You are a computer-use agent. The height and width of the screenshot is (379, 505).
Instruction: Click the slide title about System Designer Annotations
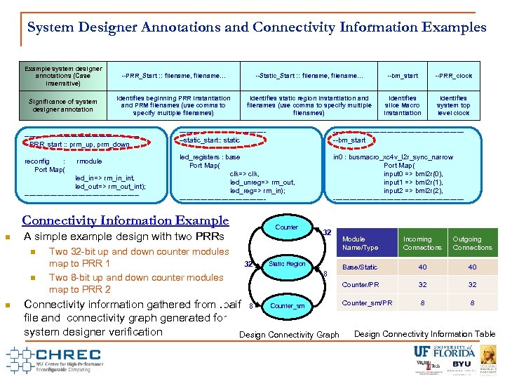[x=256, y=27]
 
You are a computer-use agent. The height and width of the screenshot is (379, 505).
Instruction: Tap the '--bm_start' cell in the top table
[x=402, y=76]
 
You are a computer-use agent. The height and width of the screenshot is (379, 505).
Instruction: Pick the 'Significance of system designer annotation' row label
[x=62, y=105]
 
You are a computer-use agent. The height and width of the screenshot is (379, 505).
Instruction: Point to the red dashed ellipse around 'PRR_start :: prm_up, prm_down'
[x=79, y=144]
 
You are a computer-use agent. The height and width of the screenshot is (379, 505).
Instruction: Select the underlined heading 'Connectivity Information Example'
[x=126, y=220]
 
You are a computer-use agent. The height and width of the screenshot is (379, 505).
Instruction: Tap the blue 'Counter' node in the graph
[x=286, y=227]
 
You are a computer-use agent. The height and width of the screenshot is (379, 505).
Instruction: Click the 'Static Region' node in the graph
[x=287, y=265]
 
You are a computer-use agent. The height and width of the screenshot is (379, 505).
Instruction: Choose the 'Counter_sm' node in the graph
[x=287, y=306]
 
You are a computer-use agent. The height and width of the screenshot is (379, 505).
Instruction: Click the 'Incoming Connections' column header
[x=422, y=243]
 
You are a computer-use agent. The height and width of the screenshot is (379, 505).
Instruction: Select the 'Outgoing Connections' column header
[x=472, y=243]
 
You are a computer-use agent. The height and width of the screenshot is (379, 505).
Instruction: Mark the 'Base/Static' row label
[x=359, y=267]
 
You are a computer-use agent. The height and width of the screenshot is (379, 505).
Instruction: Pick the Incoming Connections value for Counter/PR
[x=422, y=285]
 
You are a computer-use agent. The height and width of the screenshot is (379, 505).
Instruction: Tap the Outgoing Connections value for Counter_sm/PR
[x=472, y=303]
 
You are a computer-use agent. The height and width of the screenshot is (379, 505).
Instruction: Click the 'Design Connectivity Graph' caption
[x=289, y=335]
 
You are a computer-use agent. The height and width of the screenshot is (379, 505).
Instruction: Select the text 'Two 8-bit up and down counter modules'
[x=135, y=277]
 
